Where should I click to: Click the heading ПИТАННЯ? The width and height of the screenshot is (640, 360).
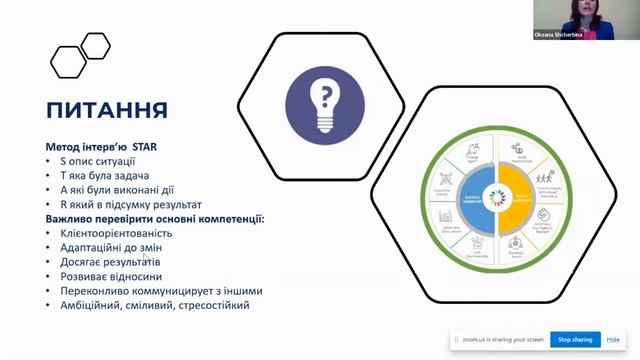coord(107,108)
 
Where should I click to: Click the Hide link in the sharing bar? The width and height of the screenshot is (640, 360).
coord(613,340)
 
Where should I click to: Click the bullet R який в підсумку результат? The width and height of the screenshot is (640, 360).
coord(130,204)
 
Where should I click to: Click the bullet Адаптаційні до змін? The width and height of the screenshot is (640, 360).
coord(111,247)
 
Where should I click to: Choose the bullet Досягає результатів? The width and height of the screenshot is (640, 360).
coord(111,262)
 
